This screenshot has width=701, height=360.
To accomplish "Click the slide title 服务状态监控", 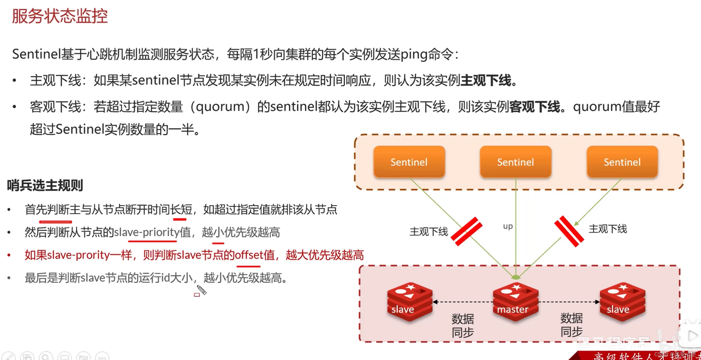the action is (60, 16).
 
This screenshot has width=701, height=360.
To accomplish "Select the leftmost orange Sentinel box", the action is (409, 162).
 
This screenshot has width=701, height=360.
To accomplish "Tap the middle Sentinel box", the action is (515, 162).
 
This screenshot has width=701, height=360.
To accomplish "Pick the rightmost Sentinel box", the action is (622, 162).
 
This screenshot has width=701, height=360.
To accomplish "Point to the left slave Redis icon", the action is (409, 301).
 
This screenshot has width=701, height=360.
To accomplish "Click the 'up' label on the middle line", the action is (508, 226).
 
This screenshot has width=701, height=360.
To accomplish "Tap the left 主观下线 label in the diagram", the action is (429, 232).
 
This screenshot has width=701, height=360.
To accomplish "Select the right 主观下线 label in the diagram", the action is (608, 229).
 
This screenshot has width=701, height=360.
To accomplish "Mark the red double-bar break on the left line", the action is (467, 231).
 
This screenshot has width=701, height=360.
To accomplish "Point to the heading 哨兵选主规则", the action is (45, 185).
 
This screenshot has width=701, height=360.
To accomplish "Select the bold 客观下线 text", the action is (535, 107).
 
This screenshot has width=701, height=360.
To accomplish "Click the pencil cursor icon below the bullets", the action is (201, 290).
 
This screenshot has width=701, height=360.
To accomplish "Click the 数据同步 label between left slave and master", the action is (463, 325).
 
